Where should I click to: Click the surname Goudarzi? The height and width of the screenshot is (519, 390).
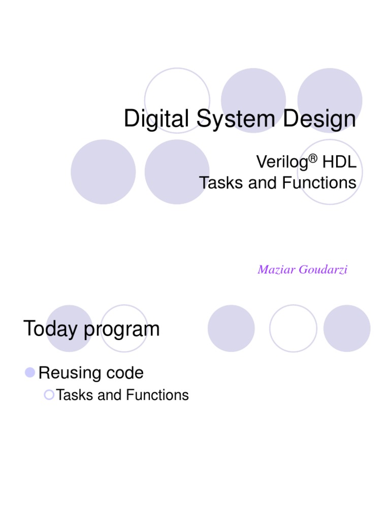(x=323, y=270)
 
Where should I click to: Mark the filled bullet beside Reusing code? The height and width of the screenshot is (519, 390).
(x=30, y=373)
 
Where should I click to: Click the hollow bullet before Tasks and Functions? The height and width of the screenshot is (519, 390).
(x=49, y=394)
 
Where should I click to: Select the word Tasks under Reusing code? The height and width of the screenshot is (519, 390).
(x=75, y=395)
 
